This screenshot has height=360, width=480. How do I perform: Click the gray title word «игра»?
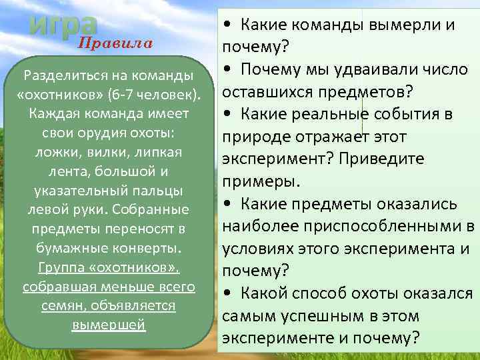[64, 24]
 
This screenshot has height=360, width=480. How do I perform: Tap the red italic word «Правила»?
[116, 43]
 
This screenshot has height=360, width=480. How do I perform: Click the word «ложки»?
[51, 152]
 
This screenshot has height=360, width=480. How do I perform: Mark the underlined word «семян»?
[61, 306]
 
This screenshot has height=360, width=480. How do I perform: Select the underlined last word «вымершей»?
[108, 325]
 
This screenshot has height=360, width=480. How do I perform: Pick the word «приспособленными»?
[385, 226]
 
